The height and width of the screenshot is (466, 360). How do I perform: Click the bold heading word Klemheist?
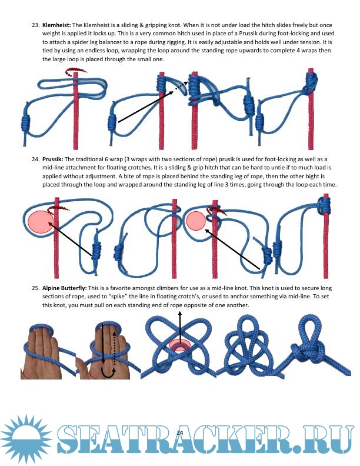(56, 25)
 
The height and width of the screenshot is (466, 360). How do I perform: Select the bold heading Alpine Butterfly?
(65, 288)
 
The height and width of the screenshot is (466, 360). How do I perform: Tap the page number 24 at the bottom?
(179, 432)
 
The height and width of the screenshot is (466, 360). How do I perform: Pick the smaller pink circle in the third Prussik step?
(196, 221)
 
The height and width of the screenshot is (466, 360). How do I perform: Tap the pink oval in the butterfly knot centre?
(179, 345)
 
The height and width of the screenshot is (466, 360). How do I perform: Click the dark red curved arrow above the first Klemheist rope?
(76, 71)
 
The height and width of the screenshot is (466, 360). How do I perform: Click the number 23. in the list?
(36, 25)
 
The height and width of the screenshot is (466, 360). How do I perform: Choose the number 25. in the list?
(36, 288)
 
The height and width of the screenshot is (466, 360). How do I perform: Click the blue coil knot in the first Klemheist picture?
(25, 123)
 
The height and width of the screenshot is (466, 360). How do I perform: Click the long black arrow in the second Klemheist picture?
(145, 106)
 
